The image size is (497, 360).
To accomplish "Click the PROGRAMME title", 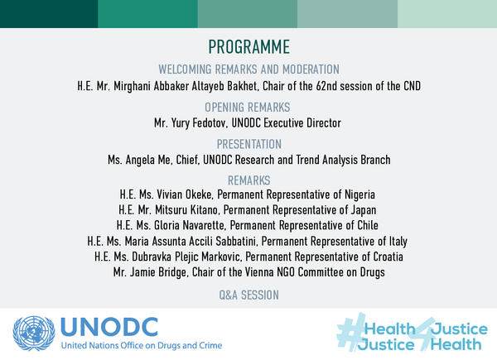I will (x=248, y=47).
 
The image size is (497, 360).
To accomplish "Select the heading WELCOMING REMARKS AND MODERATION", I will (x=248, y=69).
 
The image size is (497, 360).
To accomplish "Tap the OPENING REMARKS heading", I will (x=248, y=107).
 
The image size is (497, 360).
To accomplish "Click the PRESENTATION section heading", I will (x=248, y=144).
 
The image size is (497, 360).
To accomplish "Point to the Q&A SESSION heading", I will (x=248, y=294).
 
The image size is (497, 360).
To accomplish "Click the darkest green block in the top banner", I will (x=48, y=13).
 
